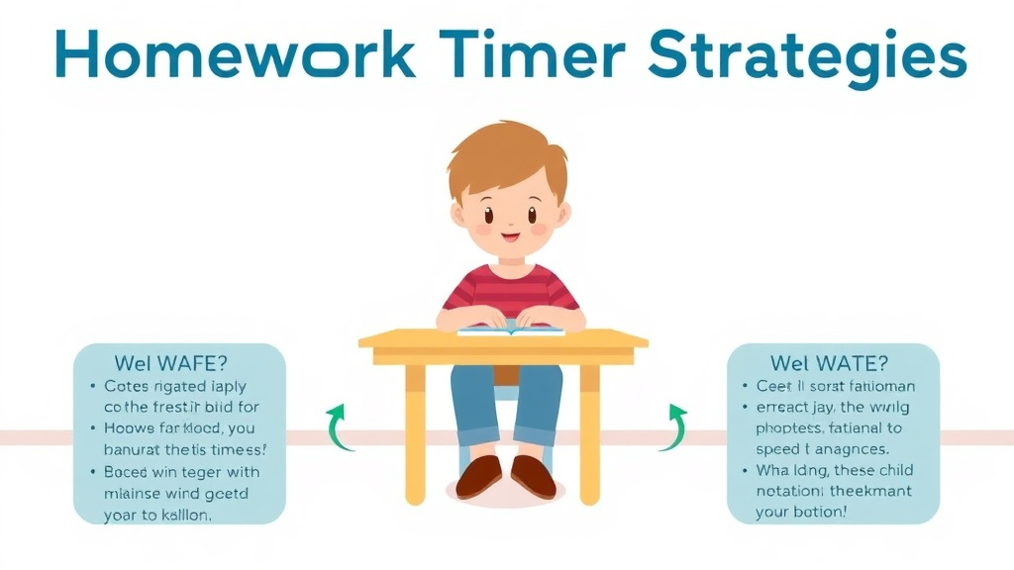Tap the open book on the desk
[510, 329]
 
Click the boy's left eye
[488, 213]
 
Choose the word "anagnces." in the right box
[852, 448]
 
